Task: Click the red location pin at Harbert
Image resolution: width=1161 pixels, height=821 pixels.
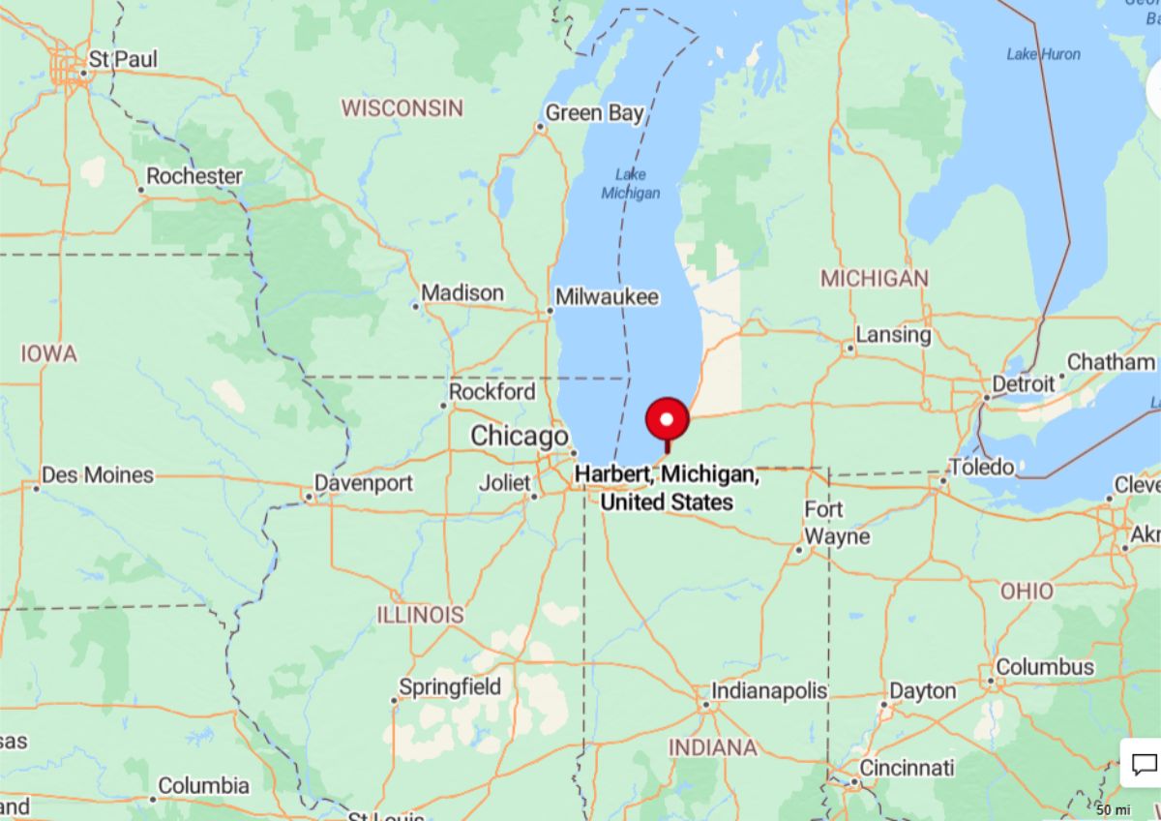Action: tap(667, 420)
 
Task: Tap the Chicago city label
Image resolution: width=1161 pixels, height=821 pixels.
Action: tap(519, 437)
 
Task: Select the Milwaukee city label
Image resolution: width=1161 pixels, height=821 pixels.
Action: tap(608, 297)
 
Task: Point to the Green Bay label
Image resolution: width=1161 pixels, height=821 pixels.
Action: tap(594, 113)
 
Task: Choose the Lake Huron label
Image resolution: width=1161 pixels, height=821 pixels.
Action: tap(1043, 54)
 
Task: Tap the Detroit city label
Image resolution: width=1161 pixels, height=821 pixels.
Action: tap(1024, 384)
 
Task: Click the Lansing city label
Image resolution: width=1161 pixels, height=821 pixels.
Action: tap(893, 335)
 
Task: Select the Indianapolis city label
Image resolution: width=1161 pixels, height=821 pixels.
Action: tap(769, 691)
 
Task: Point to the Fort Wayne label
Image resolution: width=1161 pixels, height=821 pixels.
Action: tap(824, 523)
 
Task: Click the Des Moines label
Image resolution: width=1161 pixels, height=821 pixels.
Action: tap(98, 475)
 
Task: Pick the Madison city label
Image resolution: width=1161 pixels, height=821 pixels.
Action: tap(462, 292)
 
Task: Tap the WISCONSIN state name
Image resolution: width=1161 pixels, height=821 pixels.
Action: tap(402, 107)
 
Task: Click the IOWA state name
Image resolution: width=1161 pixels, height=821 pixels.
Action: tap(48, 354)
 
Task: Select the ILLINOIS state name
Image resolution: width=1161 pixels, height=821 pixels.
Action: tap(420, 615)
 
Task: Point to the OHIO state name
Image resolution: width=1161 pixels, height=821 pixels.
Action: tap(1027, 591)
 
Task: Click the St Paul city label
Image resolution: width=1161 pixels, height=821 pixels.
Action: tap(122, 59)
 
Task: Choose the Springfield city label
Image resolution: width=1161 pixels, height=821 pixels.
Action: tap(450, 687)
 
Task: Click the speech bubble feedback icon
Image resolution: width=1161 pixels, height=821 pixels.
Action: tap(1144, 764)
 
